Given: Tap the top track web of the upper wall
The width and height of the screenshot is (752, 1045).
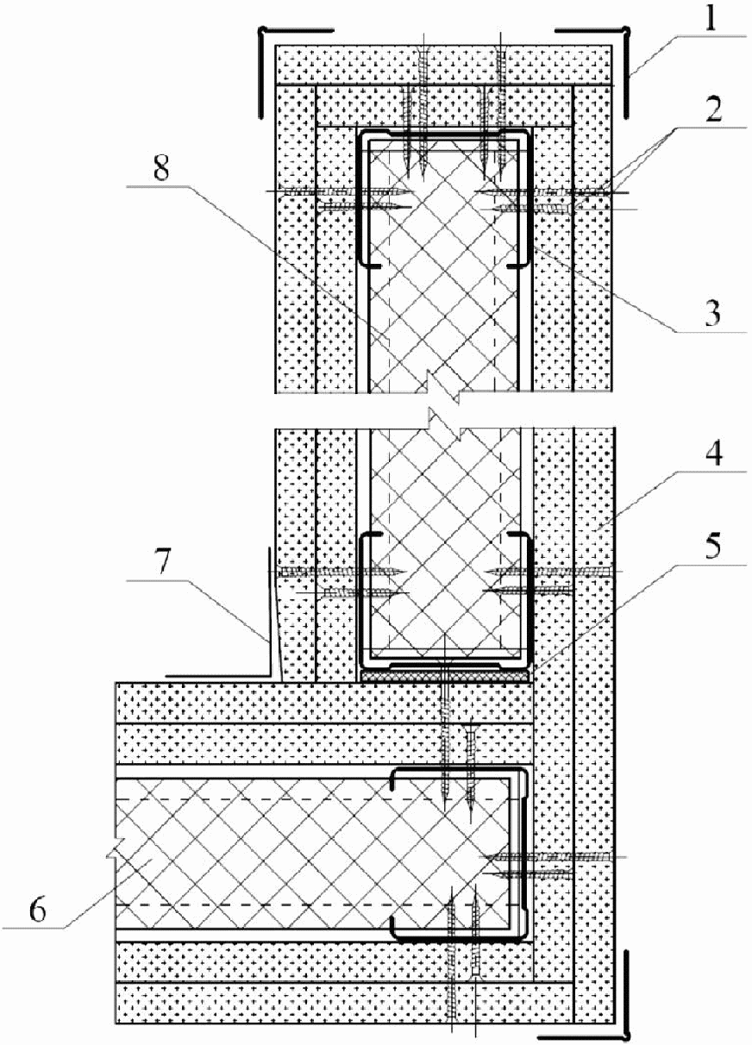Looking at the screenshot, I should pyautogui.click(x=443, y=134).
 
